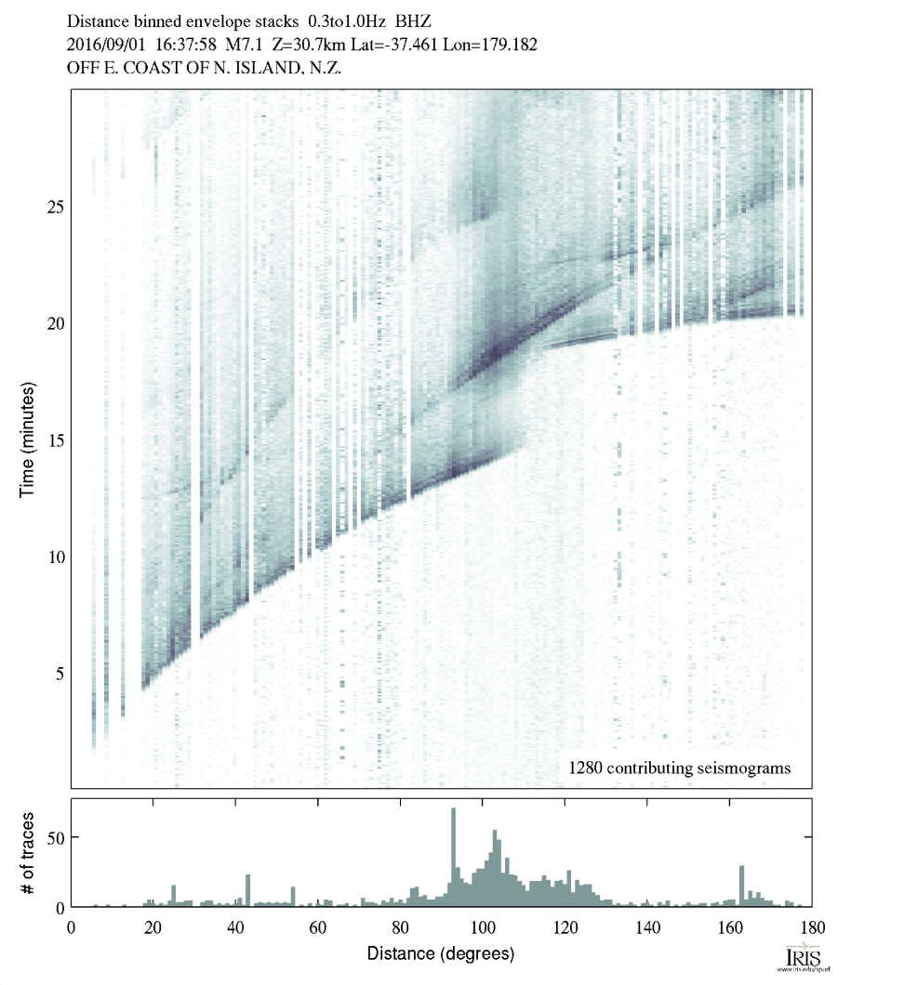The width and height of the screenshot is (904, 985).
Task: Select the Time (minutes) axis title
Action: (27, 439)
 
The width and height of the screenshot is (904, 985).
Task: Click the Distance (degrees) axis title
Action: (440, 954)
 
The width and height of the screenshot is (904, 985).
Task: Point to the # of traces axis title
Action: (27, 852)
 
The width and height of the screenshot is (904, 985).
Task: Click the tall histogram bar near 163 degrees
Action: (741, 886)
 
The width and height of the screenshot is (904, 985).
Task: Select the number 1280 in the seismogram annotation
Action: (586, 768)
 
